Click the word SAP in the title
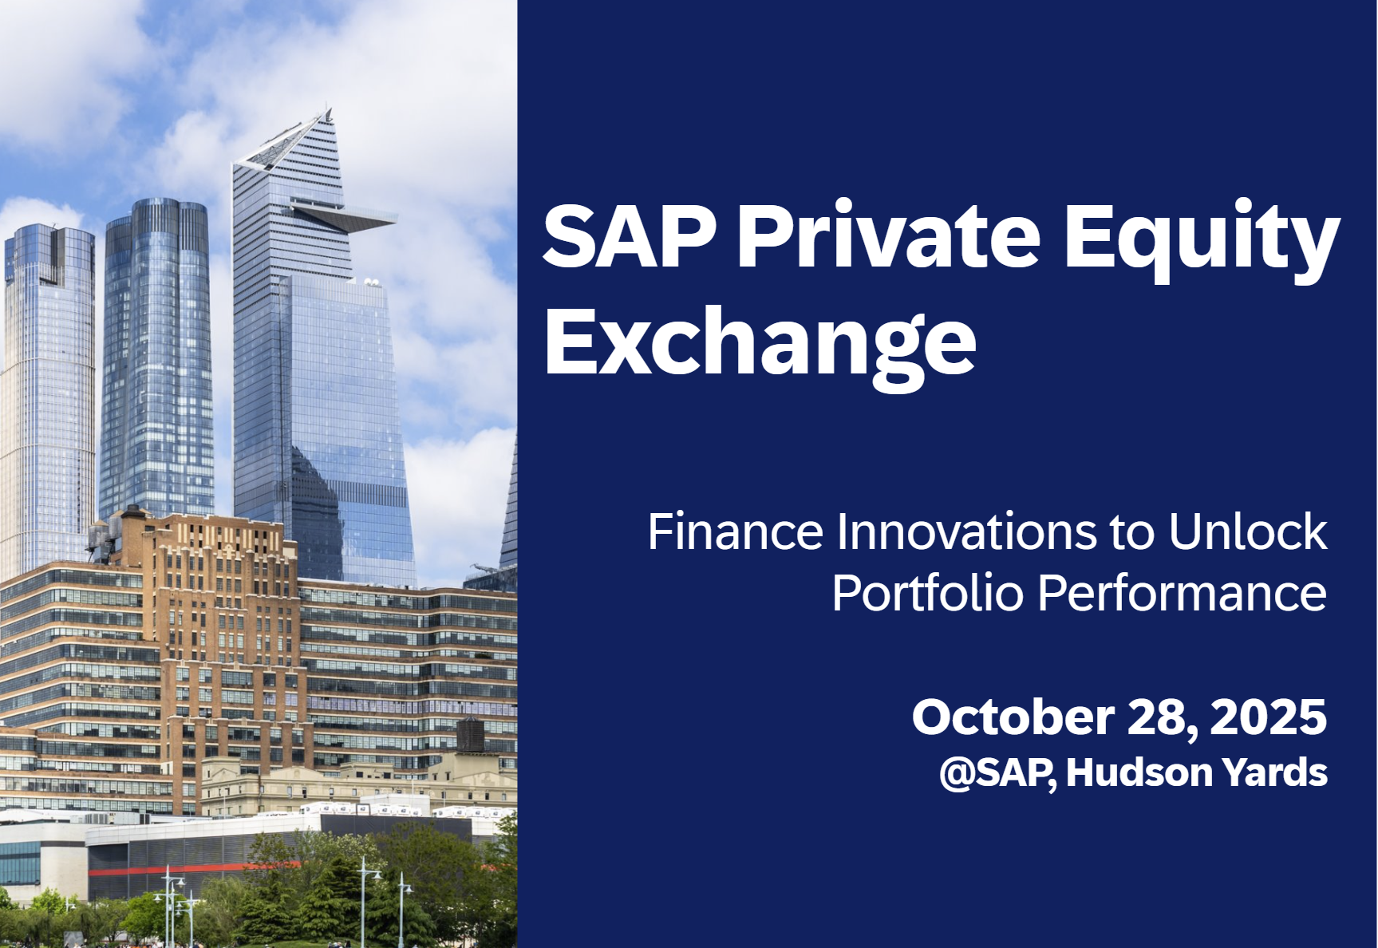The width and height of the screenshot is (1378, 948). (630, 236)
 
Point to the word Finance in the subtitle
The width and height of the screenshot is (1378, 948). (735, 531)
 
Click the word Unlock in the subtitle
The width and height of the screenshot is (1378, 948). (1248, 531)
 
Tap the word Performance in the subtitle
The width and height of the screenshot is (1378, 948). (1183, 594)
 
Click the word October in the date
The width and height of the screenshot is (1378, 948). (1013, 717)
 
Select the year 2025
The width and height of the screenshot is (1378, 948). (1269, 717)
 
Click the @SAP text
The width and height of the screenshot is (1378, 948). (998, 772)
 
